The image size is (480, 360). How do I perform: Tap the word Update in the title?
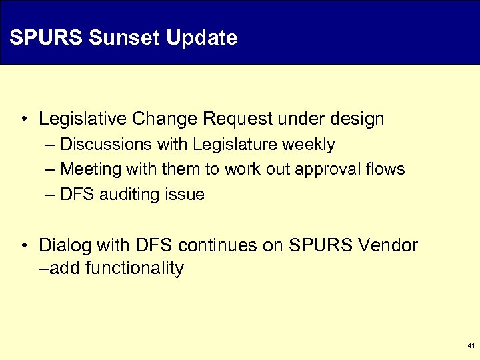coord(201,38)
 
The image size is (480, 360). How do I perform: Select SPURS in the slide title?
coord(46,38)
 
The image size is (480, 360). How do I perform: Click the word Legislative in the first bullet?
coord(83,119)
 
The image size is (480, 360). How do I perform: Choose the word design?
coord(357,119)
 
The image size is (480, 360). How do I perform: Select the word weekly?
coord(313,145)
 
